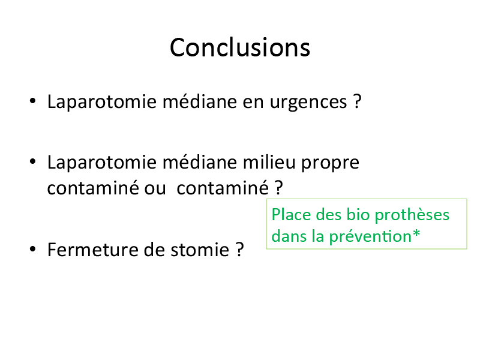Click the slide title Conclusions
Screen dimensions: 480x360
[x=240, y=47]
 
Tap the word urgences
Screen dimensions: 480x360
[x=308, y=103]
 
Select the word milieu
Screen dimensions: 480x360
[x=269, y=162]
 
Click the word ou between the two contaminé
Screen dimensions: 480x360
[x=155, y=188]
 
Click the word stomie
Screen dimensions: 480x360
[x=200, y=250]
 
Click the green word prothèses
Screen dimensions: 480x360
[x=412, y=215]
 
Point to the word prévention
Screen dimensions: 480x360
[x=370, y=237]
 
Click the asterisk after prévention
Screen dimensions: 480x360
[x=416, y=233]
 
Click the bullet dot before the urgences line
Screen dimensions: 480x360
[x=33, y=101]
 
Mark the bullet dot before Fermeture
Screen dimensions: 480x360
[x=33, y=249]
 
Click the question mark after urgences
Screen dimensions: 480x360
[x=357, y=101]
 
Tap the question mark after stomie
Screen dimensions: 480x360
[x=239, y=250]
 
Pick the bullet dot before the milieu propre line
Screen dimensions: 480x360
[x=33, y=161]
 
